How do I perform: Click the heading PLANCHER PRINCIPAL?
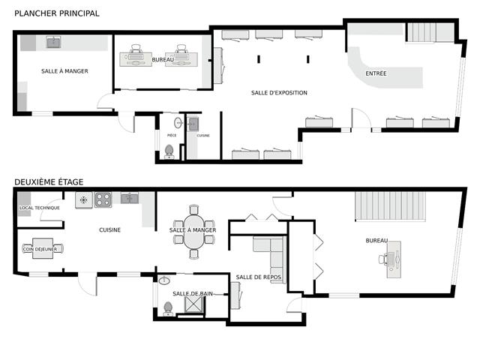point(57,13)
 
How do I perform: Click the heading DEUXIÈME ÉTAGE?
point(49,181)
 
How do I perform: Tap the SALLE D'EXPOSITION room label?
point(279,93)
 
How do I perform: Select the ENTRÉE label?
point(376,73)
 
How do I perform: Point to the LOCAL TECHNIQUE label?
point(40,208)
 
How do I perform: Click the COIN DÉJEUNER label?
point(40,249)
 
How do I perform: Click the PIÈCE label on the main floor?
point(172,136)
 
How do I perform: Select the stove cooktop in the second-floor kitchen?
point(103,199)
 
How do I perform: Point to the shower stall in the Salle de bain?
point(195,305)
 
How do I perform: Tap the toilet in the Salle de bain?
point(166,308)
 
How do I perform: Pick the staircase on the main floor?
point(430,32)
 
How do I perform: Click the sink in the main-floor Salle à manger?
point(54,43)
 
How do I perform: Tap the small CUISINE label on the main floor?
point(203,136)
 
